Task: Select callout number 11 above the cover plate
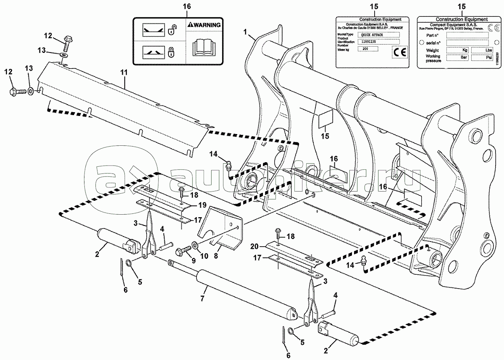click(123, 73)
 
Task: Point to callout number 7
click(202, 298)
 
